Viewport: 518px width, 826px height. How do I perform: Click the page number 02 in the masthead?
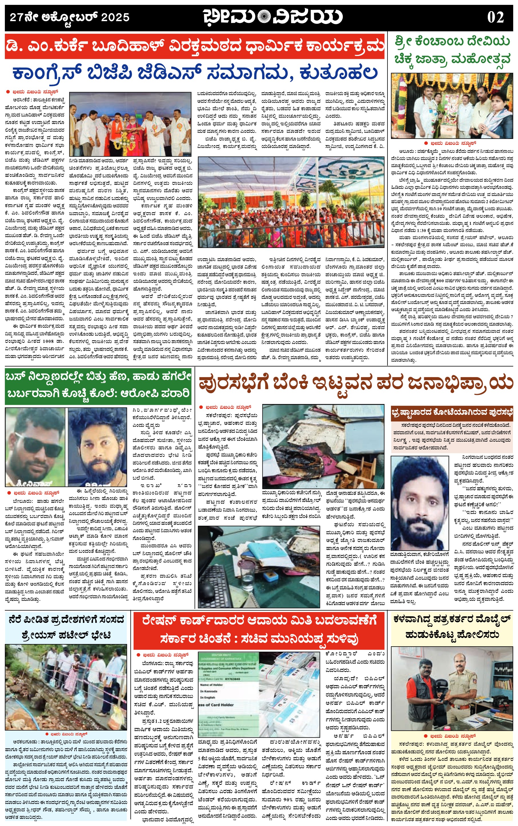click(x=495, y=17)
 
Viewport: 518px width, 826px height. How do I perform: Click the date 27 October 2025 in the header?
click(x=70, y=17)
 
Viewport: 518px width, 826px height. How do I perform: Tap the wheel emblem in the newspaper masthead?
click(x=264, y=17)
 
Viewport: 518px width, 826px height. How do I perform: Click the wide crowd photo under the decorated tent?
click(x=291, y=202)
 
